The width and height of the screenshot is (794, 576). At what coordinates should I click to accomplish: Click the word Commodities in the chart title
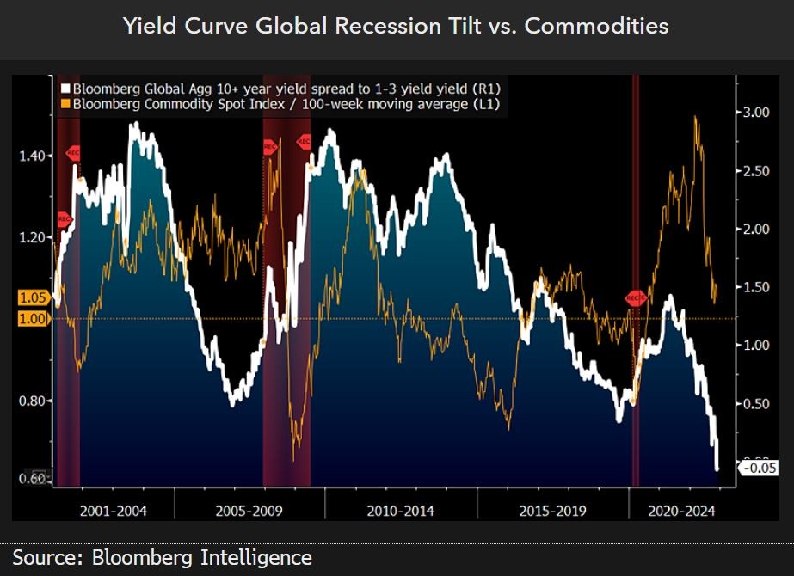(596, 26)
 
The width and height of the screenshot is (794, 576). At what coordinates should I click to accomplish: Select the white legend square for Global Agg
(65, 89)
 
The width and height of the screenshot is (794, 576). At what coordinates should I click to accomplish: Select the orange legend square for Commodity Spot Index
(65, 104)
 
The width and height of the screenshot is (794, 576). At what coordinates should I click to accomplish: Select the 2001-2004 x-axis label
(113, 511)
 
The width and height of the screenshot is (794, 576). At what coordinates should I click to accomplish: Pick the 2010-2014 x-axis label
(400, 511)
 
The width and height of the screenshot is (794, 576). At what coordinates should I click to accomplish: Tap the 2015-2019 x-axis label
(552, 511)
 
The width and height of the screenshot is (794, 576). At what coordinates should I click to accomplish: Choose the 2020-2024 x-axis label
(681, 511)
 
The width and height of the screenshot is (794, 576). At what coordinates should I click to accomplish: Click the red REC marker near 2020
(635, 298)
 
